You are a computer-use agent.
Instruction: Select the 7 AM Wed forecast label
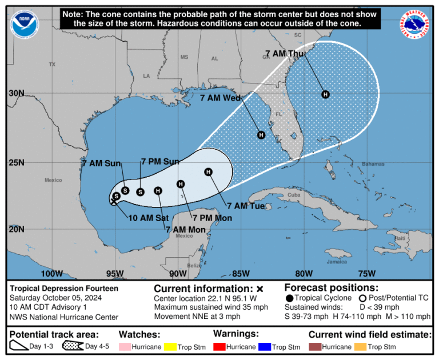219,98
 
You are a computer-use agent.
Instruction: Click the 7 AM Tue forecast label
246,206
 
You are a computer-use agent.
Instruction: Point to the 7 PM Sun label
160,162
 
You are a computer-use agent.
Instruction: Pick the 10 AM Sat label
148,218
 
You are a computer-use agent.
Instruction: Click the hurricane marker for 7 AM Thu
325,94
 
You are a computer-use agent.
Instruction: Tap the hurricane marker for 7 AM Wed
261,135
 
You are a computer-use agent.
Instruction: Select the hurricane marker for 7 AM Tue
208,172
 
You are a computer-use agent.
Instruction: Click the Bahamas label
375,163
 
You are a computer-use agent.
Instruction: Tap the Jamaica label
337,262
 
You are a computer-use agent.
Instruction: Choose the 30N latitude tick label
17,93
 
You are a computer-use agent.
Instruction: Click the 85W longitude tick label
241,273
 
